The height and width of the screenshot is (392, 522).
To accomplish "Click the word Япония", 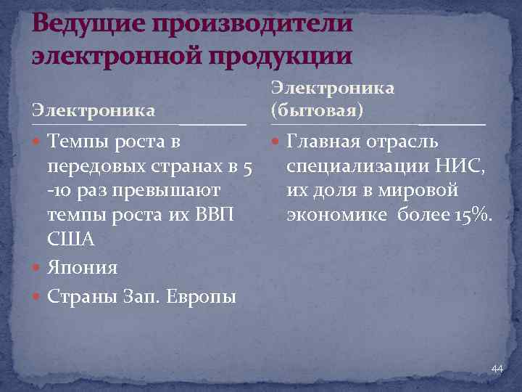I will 82,268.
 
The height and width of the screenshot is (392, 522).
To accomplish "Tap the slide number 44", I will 497,369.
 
